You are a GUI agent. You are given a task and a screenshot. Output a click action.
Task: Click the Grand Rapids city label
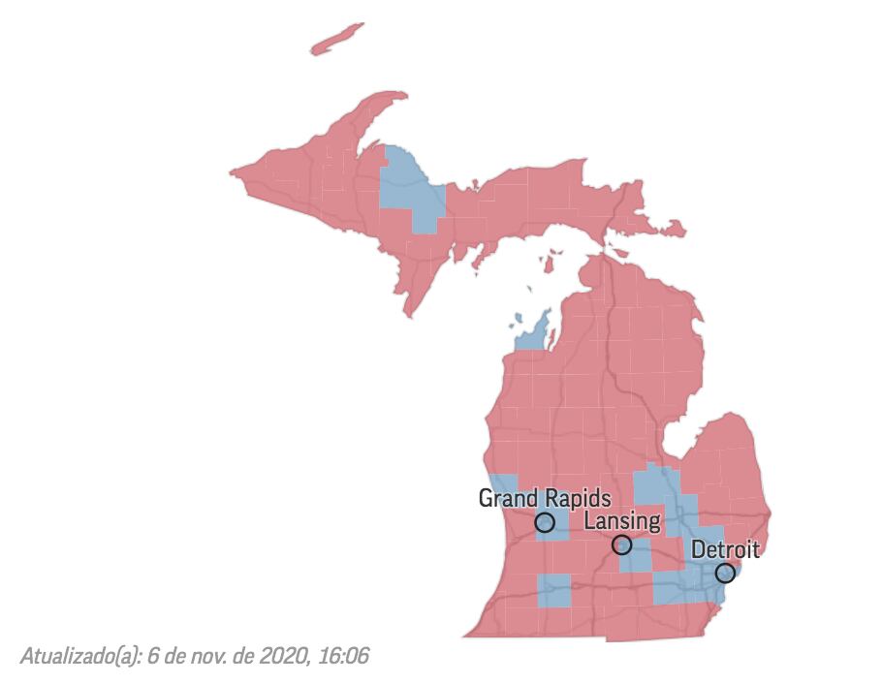click(545, 498)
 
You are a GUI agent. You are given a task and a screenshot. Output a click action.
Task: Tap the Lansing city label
click(623, 521)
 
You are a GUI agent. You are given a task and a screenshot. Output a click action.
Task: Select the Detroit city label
click(725, 550)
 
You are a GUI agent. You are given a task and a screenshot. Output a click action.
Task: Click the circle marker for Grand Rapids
click(545, 523)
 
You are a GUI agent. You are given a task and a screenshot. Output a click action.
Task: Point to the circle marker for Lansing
click(621, 544)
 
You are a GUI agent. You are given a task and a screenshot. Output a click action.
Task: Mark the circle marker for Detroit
click(724, 574)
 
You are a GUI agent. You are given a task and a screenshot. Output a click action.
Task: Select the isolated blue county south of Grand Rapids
click(554, 589)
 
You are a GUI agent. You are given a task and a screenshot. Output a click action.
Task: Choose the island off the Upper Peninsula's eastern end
click(669, 229)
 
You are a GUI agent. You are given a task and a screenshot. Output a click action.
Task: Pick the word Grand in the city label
click(509, 498)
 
